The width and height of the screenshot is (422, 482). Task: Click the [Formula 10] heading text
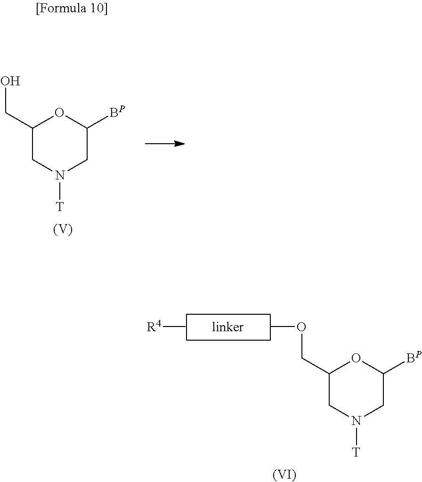[72, 8]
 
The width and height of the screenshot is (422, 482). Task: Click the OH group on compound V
[10, 81]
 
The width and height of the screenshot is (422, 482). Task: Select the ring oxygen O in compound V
[59, 113]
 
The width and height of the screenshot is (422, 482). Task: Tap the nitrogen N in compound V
[60, 176]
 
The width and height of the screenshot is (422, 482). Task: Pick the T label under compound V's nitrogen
[60, 206]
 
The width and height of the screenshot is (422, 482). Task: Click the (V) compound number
[63, 229]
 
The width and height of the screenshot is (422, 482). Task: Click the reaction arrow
[165, 144]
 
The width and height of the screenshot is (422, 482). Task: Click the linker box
[228, 327]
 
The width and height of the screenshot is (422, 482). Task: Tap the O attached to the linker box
[301, 327]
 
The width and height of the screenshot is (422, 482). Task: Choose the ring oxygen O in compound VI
[356, 358]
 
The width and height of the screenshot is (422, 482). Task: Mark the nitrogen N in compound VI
[356, 421]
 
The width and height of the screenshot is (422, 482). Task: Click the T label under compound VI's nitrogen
[356, 452]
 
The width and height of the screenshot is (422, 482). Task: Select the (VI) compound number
[284, 474]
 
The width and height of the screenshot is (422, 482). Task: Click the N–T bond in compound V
[60, 191]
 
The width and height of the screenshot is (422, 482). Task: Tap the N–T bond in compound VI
[356, 436]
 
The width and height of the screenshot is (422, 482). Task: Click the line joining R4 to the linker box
[174, 327]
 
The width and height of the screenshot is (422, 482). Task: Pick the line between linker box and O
[283, 327]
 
